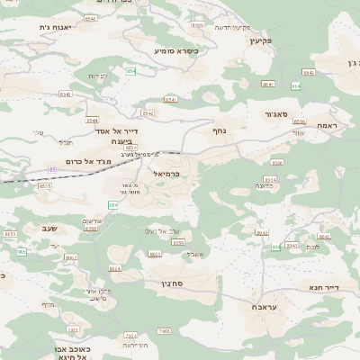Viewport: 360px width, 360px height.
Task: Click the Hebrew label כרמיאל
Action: pyautogui.click(x=167, y=173)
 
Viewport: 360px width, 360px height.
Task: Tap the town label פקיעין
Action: pyautogui.click(x=262, y=40)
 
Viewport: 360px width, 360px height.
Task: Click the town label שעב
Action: pyautogui.click(x=49, y=229)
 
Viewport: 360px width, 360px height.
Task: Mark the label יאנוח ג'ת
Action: pyautogui.click(x=31, y=28)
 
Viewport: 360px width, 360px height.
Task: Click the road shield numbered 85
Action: pyautogui.click(x=52, y=169)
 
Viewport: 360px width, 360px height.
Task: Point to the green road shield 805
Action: pyautogui.click(x=21, y=252)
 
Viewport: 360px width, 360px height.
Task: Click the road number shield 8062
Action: pyautogui.click(x=71, y=259)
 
